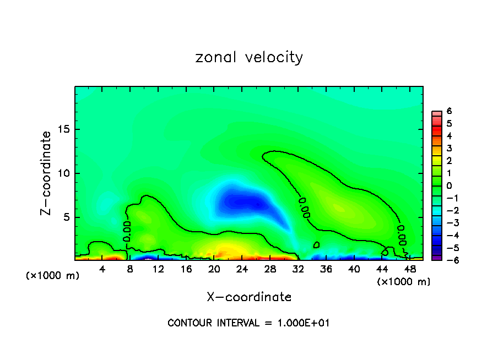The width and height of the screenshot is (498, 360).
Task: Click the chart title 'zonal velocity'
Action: click(x=249, y=57)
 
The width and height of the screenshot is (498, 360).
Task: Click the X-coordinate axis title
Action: click(x=249, y=297)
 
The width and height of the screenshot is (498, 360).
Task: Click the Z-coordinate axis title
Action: click(x=47, y=173)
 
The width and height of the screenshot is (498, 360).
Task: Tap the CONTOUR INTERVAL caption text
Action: click(x=248, y=323)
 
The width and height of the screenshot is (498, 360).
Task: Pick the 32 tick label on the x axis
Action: click(x=298, y=269)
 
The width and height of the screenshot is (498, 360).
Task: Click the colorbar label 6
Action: click(x=449, y=111)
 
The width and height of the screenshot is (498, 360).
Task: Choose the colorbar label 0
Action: click(x=449, y=186)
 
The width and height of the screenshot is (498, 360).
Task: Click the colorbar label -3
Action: click(x=447, y=223)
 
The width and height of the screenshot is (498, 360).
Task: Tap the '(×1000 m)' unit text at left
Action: click(x=53, y=275)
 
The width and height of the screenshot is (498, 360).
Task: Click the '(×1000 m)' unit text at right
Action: click(x=404, y=281)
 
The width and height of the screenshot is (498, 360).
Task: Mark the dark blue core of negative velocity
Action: click(x=242, y=202)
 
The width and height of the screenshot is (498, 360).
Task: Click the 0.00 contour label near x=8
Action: click(x=127, y=231)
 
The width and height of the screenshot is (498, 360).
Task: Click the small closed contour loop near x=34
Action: click(x=316, y=244)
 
